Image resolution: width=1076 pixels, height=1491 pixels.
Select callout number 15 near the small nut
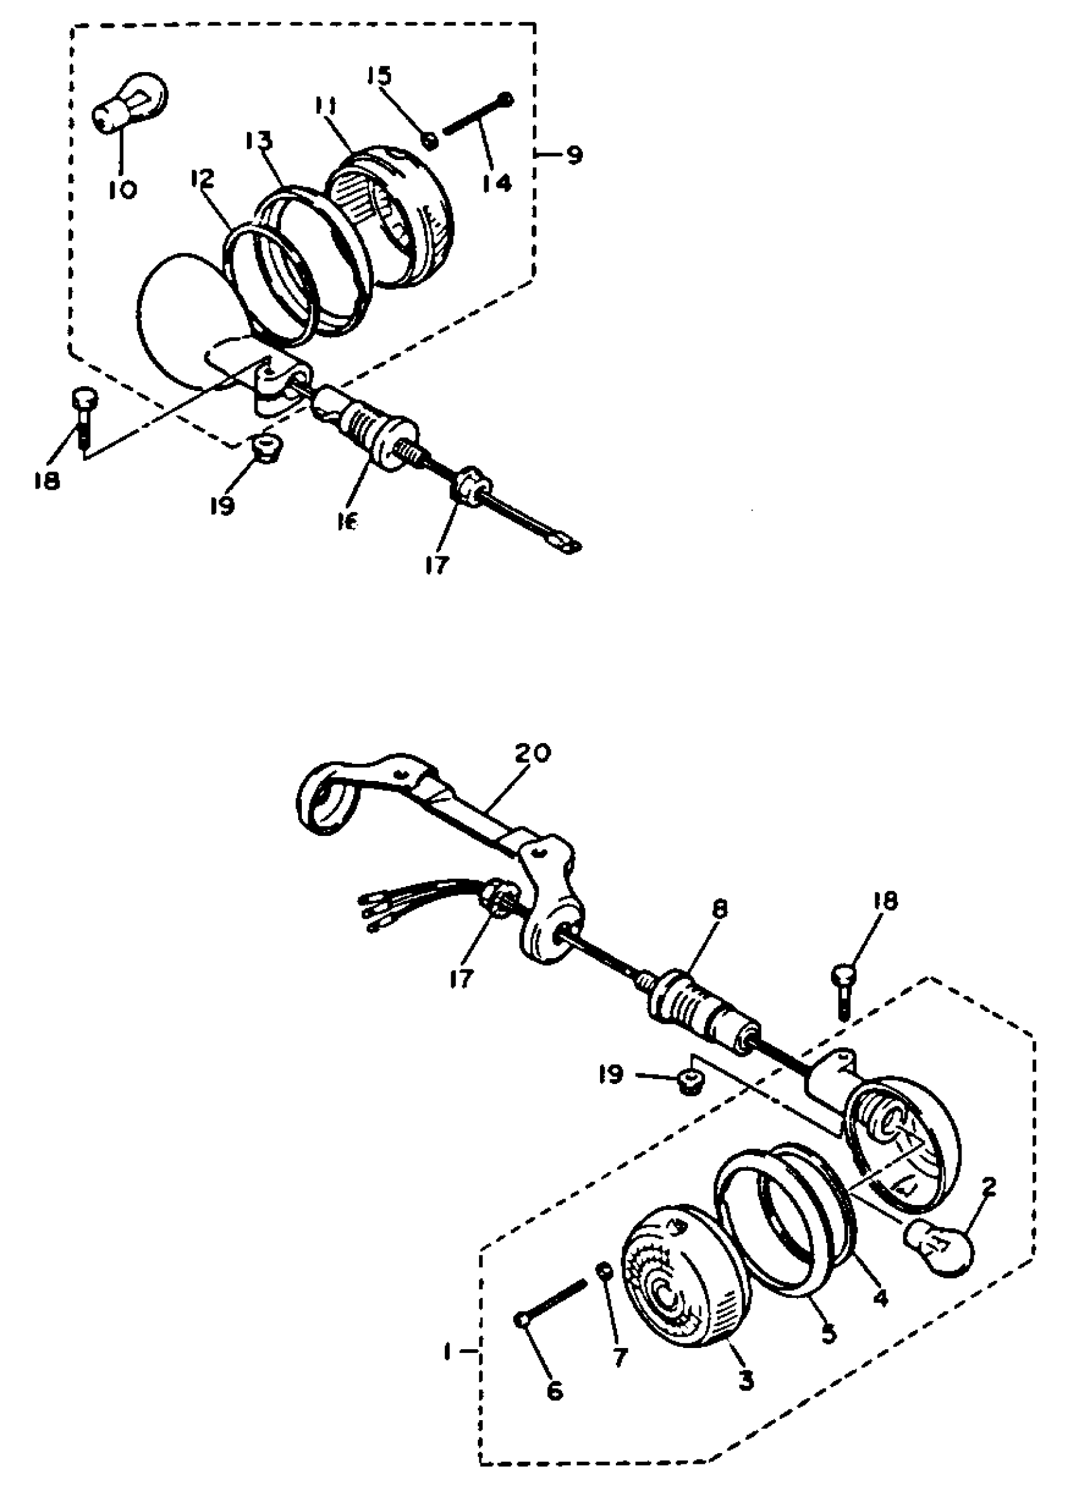coord(379,75)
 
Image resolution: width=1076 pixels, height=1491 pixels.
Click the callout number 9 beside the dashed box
coord(573,155)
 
